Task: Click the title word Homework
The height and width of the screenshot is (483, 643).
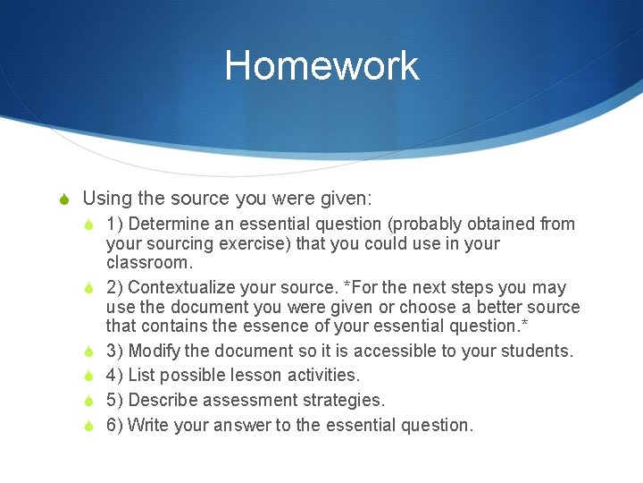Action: [321, 65]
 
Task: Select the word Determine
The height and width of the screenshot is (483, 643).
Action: [171, 224]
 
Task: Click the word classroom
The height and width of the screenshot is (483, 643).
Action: [149, 263]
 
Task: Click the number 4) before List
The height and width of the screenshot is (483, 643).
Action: [114, 375]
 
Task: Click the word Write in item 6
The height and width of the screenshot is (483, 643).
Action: [149, 425]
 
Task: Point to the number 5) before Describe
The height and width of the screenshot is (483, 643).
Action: [114, 400]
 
